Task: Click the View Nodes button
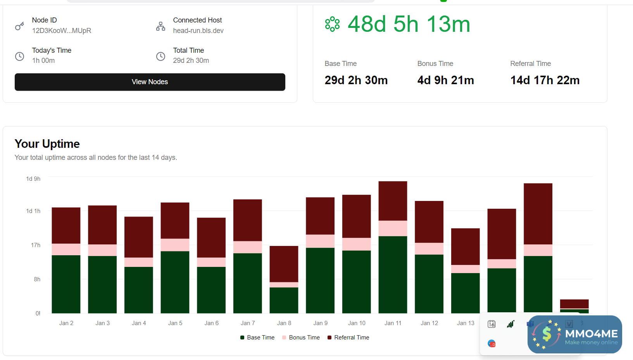(150, 82)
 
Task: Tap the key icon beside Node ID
(19, 26)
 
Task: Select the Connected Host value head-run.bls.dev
(198, 31)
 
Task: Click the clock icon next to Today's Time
(19, 56)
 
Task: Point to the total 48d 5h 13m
(409, 24)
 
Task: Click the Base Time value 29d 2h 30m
(356, 80)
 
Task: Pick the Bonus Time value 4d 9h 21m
(445, 80)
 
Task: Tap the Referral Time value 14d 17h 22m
(545, 80)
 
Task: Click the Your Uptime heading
(47, 144)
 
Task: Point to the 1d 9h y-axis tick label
(33, 179)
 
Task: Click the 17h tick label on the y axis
(36, 245)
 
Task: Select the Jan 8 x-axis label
(284, 323)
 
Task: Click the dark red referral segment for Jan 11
(393, 201)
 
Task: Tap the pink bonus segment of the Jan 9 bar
(320, 241)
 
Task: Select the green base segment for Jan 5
(175, 282)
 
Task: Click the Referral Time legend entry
(348, 337)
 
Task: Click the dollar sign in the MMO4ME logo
(547, 334)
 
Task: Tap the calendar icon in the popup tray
(492, 324)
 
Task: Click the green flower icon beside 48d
(332, 24)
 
